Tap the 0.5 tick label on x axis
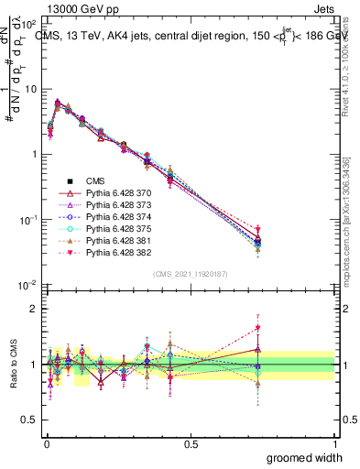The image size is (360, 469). pyautogui.click(x=191, y=443)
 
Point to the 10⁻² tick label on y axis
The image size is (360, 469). pyautogui.click(x=27, y=285)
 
